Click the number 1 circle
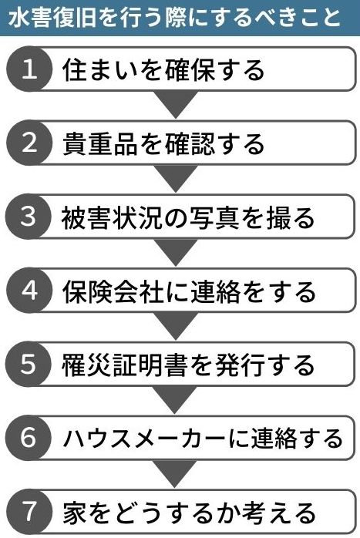pyautogui.click(x=29, y=69)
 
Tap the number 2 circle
pyautogui.click(x=29, y=143)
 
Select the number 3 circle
pyautogui.click(x=29, y=217)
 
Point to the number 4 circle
pyautogui.click(x=29, y=291)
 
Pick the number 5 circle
pyautogui.click(x=29, y=364)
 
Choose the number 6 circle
pyautogui.click(x=29, y=438)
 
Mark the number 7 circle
pyautogui.click(x=29, y=512)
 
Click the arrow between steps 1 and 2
pyautogui.click(x=176, y=103)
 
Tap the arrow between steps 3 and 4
pyautogui.click(x=176, y=251)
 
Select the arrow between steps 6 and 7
pyautogui.click(x=176, y=472)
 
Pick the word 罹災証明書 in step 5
pyautogui.click(x=125, y=365)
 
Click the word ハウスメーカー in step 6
pyautogui.click(x=145, y=439)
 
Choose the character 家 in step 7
pyautogui.click(x=75, y=513)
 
